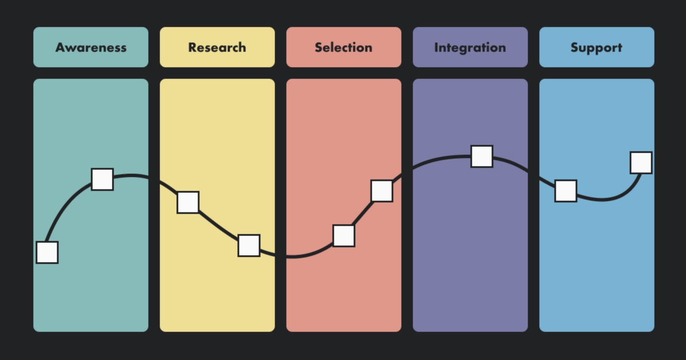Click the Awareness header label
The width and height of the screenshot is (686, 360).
tap(90, 47)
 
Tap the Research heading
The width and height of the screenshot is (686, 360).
tap(217, 47)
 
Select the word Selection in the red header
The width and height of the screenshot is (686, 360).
tap(343, 47)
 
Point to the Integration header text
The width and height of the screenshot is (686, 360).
tap(470, 48)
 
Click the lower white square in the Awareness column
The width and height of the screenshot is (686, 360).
tap(47, 252)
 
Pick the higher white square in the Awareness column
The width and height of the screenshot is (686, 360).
tap(102, 179)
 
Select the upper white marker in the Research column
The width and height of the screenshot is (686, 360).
tap(188, 202)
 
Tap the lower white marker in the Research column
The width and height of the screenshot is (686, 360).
tap(249, 246)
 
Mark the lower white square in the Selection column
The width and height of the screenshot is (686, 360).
tap(344, 236)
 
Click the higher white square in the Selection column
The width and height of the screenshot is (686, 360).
tap(382, 191)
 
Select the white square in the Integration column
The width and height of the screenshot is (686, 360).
tap(482, 156)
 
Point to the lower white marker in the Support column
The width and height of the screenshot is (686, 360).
tap(566, 191)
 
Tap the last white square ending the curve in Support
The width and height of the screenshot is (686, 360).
tap(641, 163)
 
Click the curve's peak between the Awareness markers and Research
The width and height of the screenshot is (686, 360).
tap(131, 175)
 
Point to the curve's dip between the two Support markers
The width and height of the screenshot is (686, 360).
tap(601, 200)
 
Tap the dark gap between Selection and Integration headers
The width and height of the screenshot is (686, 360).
tap(407, 47)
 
